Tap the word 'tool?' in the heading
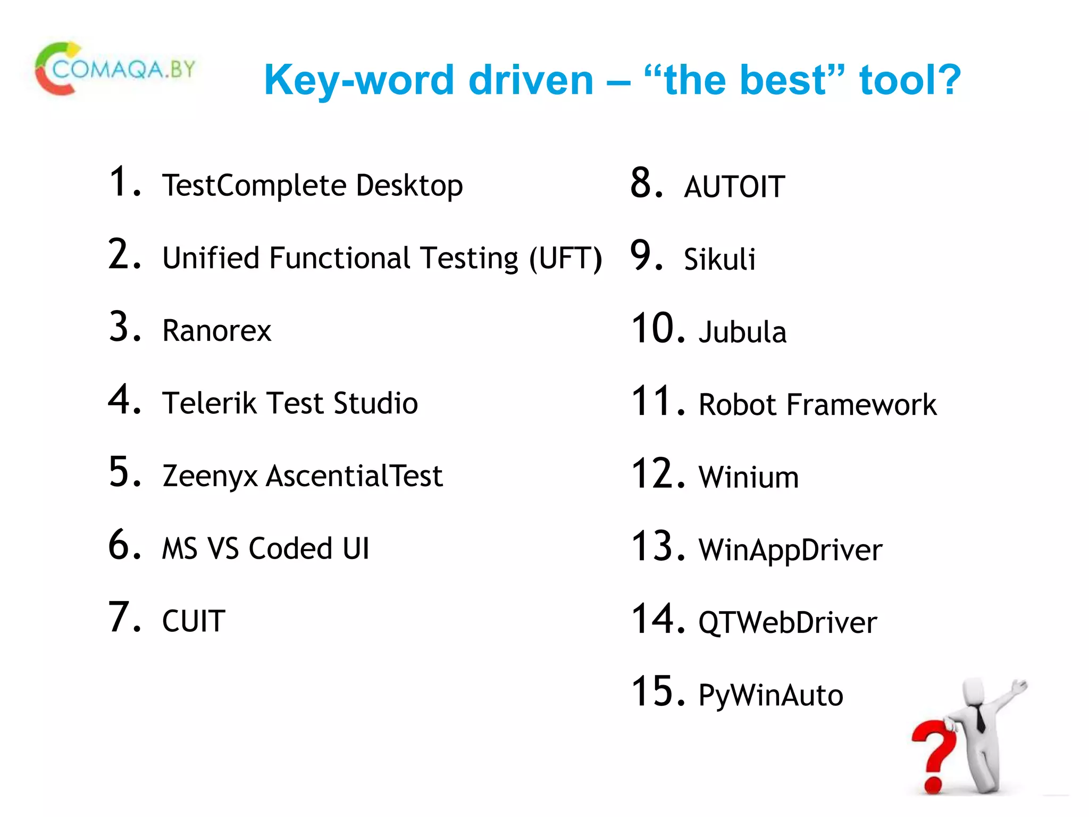[x=910, y=80]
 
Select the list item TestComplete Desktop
[x=312, y=186]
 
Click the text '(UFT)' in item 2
[x=565, y=259]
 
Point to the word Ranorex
[x=216, y=331]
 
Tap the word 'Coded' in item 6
[x=290, y=548]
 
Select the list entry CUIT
[x=194, y=621]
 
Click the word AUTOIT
[x=734, y=187]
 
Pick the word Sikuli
[x=719, y=260]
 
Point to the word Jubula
[x=742, y=332]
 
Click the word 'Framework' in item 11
[x=861, y=405]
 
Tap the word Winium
[x=748, y=478]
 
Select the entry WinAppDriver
[x=790, y=550]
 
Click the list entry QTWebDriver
[x=788, y=623]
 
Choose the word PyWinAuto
[x=770, y=695]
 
